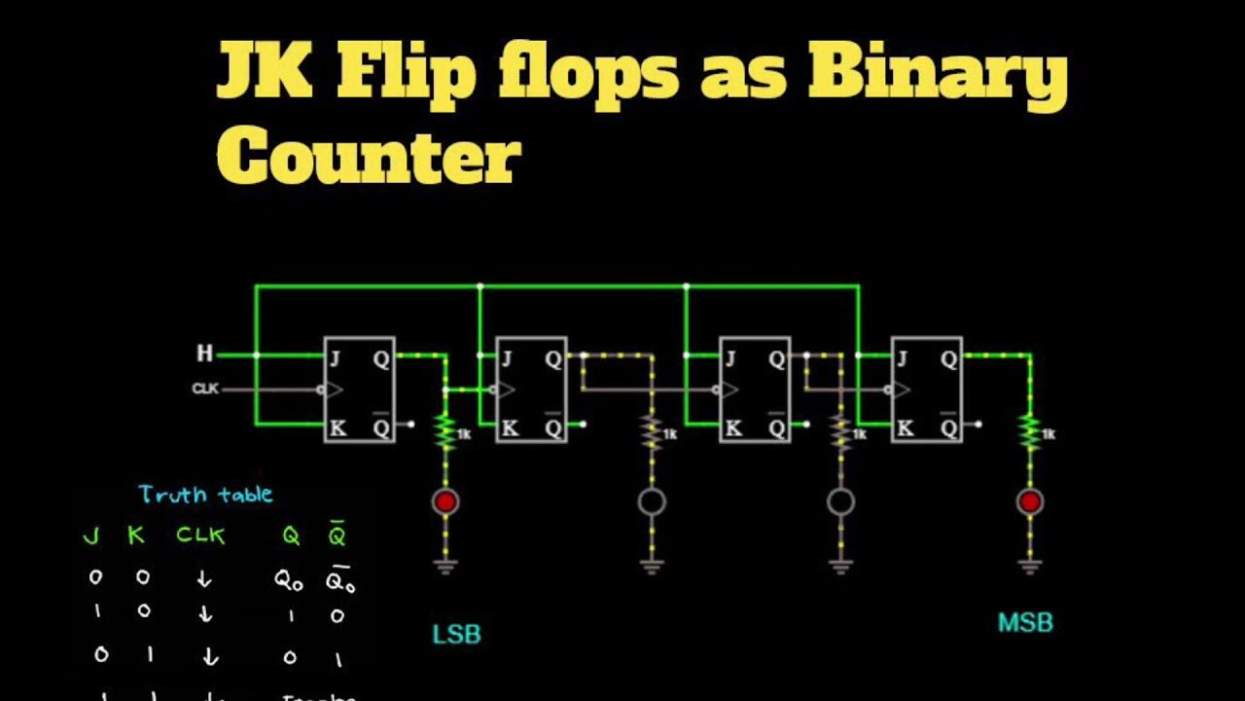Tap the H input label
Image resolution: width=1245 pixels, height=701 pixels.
(205, 353)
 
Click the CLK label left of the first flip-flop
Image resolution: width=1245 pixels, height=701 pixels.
(205, 388)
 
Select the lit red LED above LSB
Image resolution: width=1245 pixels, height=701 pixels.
(445, 501)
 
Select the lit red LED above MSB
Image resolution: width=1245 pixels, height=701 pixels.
(1030, 501)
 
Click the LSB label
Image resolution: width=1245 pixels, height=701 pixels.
(456, 635)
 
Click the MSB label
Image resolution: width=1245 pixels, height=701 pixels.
(1025, 622)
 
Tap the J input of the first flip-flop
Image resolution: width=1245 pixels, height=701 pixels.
(336, 357)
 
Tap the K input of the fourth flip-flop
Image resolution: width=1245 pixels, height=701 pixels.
(904, 426)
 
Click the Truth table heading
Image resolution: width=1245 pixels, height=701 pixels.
(205, 495)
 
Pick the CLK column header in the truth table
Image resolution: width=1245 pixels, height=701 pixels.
(200, 535)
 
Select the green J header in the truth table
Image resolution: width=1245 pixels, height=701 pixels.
(91, 535)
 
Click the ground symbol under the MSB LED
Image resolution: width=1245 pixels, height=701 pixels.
(1030, 564)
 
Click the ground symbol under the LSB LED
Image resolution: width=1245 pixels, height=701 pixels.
(445, 564)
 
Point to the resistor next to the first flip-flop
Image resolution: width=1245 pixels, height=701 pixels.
(445, 432)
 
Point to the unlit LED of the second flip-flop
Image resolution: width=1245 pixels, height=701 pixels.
(652, 501)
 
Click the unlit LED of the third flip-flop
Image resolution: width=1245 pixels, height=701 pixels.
(840, 501)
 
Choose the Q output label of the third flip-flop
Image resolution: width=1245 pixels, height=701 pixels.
(776, 358)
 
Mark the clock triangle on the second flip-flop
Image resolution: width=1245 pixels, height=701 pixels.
(507, 390)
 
